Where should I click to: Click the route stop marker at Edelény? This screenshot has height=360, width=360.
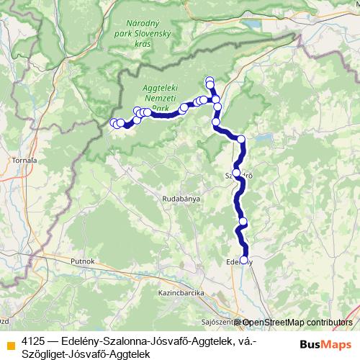click(243, 261)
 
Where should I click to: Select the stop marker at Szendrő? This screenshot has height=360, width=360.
click(236, 173)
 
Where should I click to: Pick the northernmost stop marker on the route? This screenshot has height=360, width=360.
click(210, 81)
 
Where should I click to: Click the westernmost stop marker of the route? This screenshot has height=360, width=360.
click(113, 123)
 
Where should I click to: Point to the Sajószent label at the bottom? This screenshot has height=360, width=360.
click(216, 323)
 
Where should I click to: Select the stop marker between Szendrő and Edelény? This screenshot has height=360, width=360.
click(243, 221)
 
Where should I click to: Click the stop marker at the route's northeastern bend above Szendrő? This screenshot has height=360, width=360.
click(241, 139)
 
